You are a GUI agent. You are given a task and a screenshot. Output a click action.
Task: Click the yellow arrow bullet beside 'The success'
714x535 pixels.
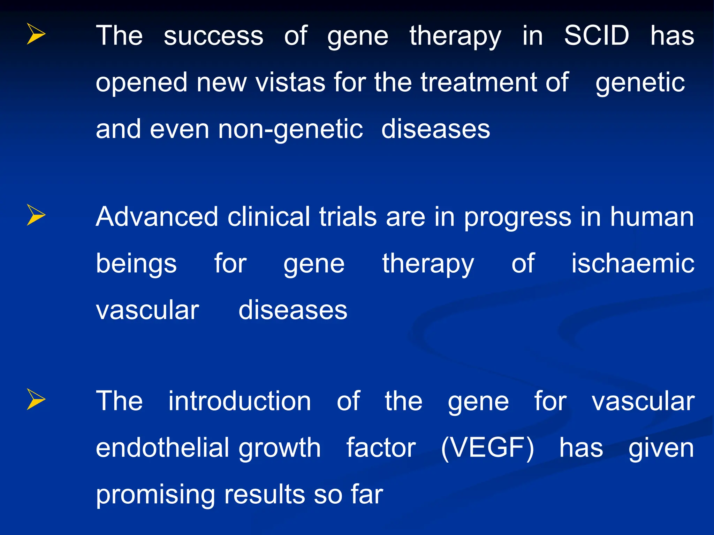click(36, 34)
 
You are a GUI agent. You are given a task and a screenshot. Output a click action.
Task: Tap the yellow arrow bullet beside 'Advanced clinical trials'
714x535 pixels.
click(36, 215)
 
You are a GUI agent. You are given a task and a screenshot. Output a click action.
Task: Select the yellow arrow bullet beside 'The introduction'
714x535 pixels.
click(36, 399)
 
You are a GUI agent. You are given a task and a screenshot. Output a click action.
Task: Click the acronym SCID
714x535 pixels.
click(597, 36)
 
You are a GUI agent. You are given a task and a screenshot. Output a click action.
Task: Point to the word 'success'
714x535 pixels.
click(213, 36)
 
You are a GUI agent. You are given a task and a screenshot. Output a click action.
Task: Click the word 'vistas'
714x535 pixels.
click(290, 83)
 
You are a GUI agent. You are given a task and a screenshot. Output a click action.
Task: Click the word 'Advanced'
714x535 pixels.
click(157, 217)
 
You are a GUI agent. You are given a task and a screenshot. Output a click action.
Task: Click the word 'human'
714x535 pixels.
click(652, 217)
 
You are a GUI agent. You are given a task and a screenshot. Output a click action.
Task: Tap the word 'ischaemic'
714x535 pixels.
click(632, 263)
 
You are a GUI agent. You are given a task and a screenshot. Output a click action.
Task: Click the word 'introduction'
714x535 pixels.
click(240, 401)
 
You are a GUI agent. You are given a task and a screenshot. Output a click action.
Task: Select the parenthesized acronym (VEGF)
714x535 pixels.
click(487, 448)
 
